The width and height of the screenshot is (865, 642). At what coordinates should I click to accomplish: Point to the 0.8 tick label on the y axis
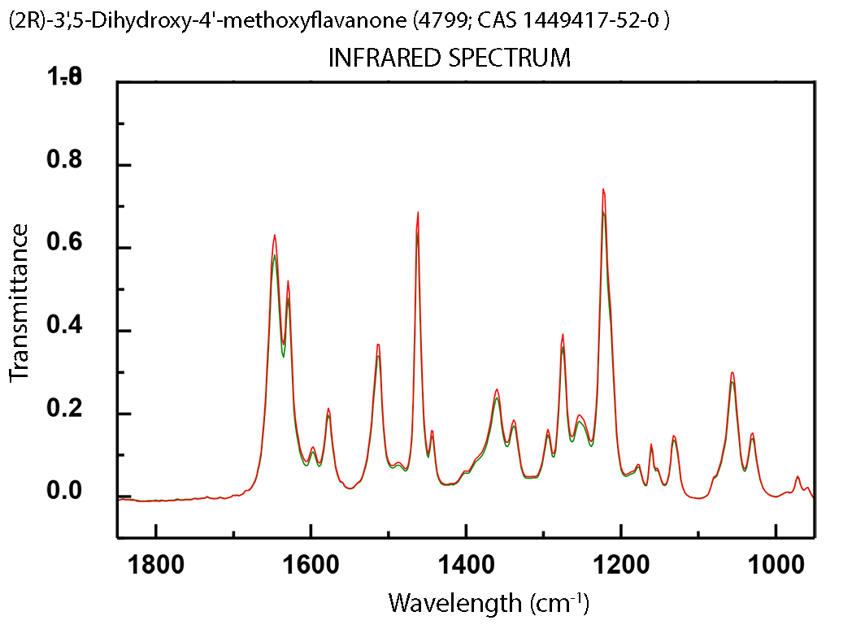pyautogui.click(x=64, y=160)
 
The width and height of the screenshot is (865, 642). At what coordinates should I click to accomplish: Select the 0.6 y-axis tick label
pyautogui.click(x=64, y=245)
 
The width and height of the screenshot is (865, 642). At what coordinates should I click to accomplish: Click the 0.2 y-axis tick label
pyautogui.click(x=64, y=409)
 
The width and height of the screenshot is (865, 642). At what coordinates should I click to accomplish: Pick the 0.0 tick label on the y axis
pyautogui.click(x=64, y=492)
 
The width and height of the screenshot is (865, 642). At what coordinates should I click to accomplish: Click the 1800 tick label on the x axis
pyautogui.click(x=155, y=566)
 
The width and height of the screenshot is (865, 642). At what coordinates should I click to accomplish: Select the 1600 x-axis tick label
pyautogui.click(x=311, y=566)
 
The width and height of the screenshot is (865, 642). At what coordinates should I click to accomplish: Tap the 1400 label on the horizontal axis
pyautogui.click(x=466, y=566)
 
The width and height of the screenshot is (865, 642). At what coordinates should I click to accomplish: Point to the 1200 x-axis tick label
pyautogui.click(x=620, y=566)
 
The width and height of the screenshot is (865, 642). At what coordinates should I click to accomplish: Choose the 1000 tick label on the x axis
pyautogui.click(x=776, y=566)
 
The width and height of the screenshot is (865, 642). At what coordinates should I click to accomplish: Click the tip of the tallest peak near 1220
pyautogui.click(x=602, y=189)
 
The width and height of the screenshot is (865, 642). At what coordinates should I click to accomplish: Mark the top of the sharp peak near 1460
pyautogui.click(x=418, y=212)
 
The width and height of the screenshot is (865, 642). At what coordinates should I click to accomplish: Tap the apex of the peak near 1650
pyautogui.click(x=274, y=236)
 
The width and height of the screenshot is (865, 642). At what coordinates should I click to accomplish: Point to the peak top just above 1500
pyautogui.click(x=378, y=345)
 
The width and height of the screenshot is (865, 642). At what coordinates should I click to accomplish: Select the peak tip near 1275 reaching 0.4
pyautogui.click(x=562, y=334)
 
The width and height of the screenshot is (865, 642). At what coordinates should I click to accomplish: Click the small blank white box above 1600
pyautogui.click(x=262, y=160)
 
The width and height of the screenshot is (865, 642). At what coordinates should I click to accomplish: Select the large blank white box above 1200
pyautogui.click(x=647, y=137)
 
